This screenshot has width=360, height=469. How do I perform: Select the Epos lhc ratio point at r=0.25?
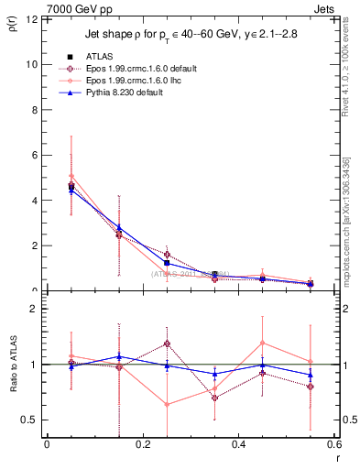coord(167,404)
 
